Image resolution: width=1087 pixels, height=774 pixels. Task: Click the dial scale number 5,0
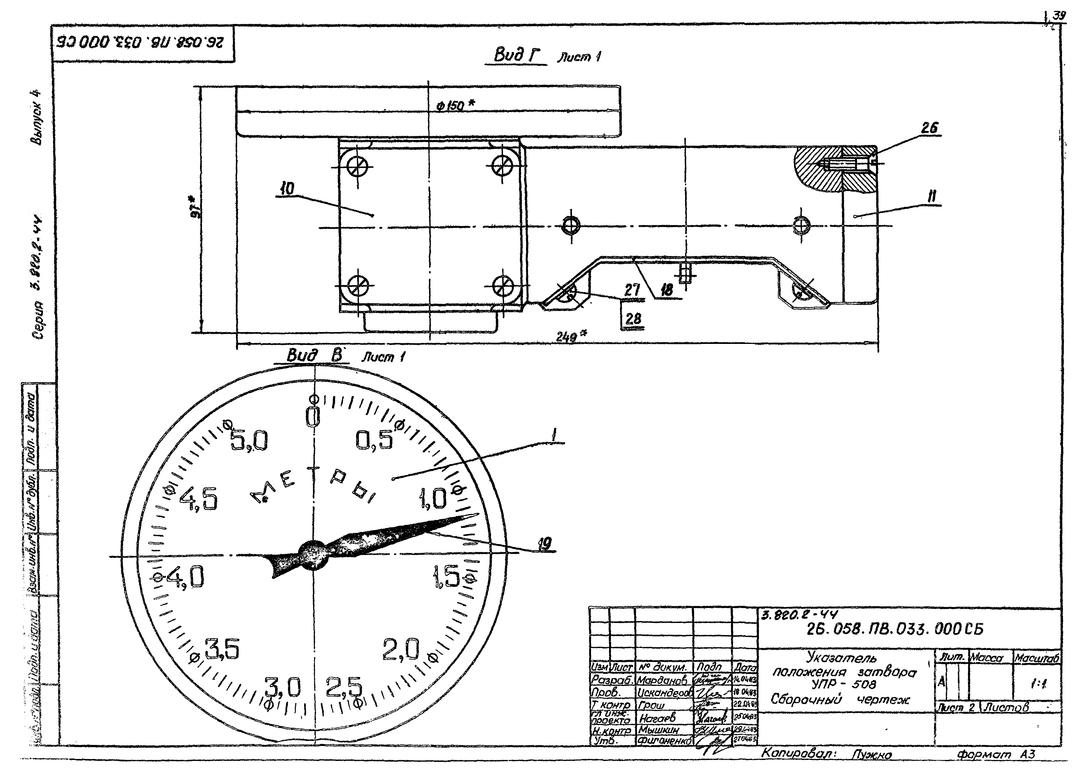pyautogui.click(x=249, y=441)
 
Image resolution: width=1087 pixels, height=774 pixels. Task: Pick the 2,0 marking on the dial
pyautogui.click(x=401, y=650)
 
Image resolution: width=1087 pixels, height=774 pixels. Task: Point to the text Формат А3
pyautogui.click(x=996, y=754)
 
